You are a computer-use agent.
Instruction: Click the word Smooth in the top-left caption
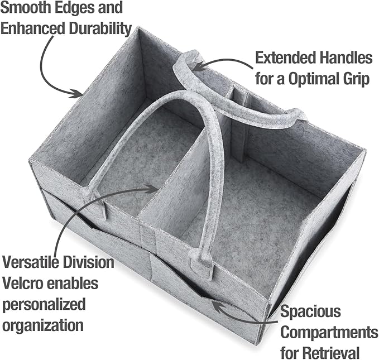[25, 7]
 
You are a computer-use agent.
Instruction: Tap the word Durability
[100, 28]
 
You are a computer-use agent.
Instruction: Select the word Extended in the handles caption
[286, 58]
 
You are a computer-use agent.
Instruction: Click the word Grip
[356, 79]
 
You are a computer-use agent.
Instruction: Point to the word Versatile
[31, 262]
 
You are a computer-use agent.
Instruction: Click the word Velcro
[23, 283]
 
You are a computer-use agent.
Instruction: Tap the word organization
[42, 326]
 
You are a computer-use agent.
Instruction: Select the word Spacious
[310, 311]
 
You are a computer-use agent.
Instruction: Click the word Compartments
[329, 333]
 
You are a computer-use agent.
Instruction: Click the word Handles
[346, 58]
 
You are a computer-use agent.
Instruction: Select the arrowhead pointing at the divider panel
[152, 189]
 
